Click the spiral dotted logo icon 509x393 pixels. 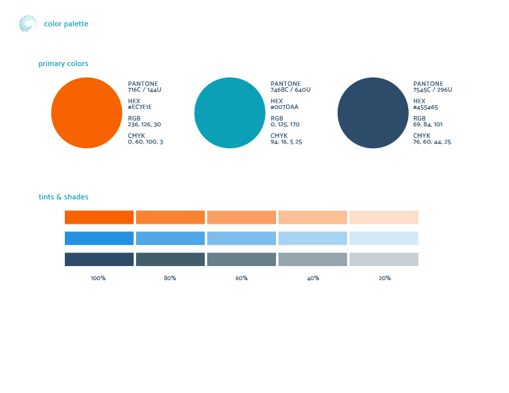(28, 23)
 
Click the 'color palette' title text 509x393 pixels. (66, 24)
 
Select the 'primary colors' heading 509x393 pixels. (64, 63)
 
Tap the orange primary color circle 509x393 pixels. (87, 113)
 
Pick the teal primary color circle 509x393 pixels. (230, 113)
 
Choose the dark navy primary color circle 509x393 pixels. (373, 113)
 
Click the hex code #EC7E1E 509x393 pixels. (140, 107)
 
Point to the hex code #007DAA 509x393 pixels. (284, 107)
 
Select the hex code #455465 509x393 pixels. (426, 107)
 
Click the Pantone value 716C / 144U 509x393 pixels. (144, 90)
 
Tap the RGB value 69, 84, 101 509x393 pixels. (428, 124)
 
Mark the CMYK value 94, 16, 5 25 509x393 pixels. (286, 142)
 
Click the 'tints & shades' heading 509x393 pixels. (64, 197)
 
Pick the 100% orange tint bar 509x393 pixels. (99, 217)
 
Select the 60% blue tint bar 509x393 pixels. (241, 238)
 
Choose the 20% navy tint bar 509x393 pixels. (384, 260)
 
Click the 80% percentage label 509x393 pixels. (170, 278)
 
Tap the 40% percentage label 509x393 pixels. (313, 278)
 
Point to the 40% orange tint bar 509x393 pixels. (313, 217)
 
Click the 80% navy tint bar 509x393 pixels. (171, 260)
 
